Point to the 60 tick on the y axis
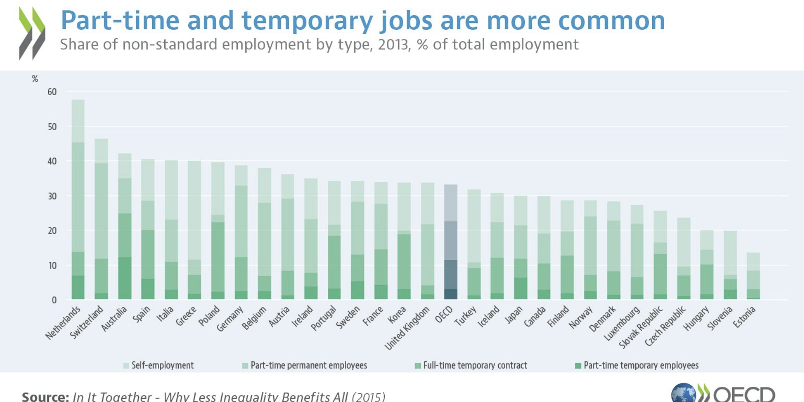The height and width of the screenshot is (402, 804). (x=52, y=92)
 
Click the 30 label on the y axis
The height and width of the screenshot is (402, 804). (x=52, y=196)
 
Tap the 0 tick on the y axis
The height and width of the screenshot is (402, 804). (x=54, y=300)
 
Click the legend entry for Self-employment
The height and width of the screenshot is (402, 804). (x=158, y=365)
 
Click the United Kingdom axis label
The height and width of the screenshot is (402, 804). (x=407, y=328)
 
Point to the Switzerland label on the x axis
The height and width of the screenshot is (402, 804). (x=87, y=322)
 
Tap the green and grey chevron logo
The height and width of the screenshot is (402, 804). (x=32, y=33)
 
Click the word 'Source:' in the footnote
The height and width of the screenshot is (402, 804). (x=45, y=396)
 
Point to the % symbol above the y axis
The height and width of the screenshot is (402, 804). (x=35, y=79)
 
